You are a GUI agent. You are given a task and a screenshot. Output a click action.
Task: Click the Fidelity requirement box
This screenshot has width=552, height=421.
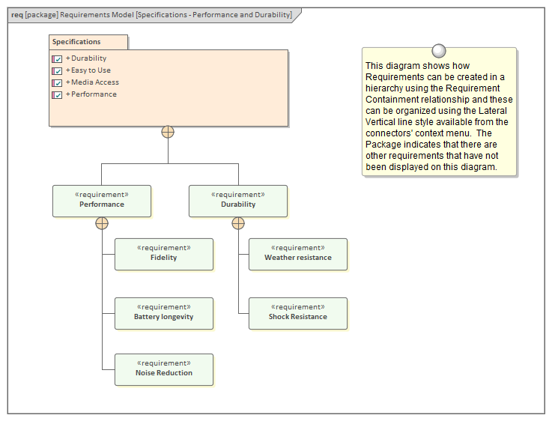click(163, 254)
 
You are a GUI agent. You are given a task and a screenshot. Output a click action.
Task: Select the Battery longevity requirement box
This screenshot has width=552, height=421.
click(163, 313)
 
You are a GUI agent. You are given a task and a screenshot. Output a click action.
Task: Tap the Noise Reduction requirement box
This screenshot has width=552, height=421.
click(163, 369)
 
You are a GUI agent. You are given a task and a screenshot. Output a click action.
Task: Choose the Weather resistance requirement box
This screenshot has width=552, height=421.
click(297, 254)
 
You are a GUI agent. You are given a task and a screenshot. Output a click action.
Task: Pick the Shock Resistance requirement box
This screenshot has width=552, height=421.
click(297, 313)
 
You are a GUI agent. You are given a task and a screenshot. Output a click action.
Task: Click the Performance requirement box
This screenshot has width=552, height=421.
click(101, 201)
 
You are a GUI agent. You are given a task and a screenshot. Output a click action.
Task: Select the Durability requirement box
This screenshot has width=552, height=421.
click(237, 201)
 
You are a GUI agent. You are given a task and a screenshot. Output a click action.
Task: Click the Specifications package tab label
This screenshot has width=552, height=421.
click(76, 42)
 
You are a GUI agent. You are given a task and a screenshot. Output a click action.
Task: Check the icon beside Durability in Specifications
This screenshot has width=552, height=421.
click(57, 58)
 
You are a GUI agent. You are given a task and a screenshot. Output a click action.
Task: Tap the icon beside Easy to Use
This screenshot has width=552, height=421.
click(57, 70)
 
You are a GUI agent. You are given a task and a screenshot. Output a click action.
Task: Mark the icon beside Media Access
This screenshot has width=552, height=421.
click(57, 82)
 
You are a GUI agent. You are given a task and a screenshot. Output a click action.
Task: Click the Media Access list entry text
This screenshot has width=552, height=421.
click(95, 82)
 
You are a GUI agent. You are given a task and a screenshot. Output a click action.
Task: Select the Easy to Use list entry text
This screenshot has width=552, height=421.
click(91, 70)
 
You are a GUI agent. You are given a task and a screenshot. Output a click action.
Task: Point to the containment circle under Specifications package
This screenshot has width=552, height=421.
click(168, 132)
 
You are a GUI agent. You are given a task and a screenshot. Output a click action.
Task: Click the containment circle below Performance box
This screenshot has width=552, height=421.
click(102, 223)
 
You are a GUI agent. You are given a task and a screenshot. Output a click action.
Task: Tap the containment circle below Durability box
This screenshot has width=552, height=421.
click(238, 223)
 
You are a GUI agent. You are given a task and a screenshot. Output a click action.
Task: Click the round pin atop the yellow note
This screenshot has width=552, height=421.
click(439, 51)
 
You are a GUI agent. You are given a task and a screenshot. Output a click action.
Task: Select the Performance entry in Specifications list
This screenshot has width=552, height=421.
click(94, 94)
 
